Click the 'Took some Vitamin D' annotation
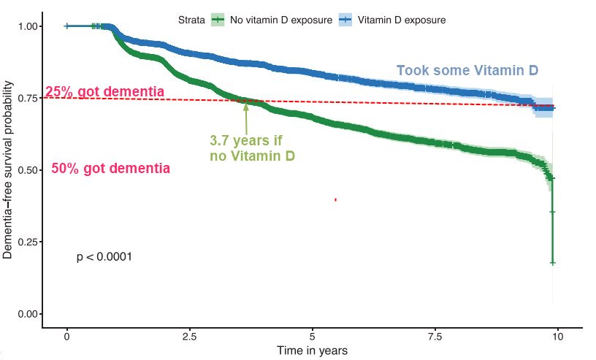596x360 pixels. coord(467,71)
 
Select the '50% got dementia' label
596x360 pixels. coord(111,169)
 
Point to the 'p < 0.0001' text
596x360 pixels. coord(104,257)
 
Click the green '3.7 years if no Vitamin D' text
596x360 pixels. coord(252,148)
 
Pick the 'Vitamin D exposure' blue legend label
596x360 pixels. coord(402,19)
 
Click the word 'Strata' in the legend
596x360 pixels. coord(191,19)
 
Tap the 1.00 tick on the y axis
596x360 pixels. coord(27,26)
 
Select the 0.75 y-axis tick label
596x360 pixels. coord(27,99)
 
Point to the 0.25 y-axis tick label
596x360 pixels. coord(27,242)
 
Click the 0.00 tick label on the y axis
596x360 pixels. coord(27,314)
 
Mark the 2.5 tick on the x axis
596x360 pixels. coord(189,336)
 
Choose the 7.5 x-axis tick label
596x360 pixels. coord(435,336)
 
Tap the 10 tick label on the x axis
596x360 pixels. coord(557,336)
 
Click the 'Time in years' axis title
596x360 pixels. coord(312,351)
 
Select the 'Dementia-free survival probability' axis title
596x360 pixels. coord(8,170)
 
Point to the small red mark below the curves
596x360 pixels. coord(335,199)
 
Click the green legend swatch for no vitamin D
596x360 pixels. coord(218,19)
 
